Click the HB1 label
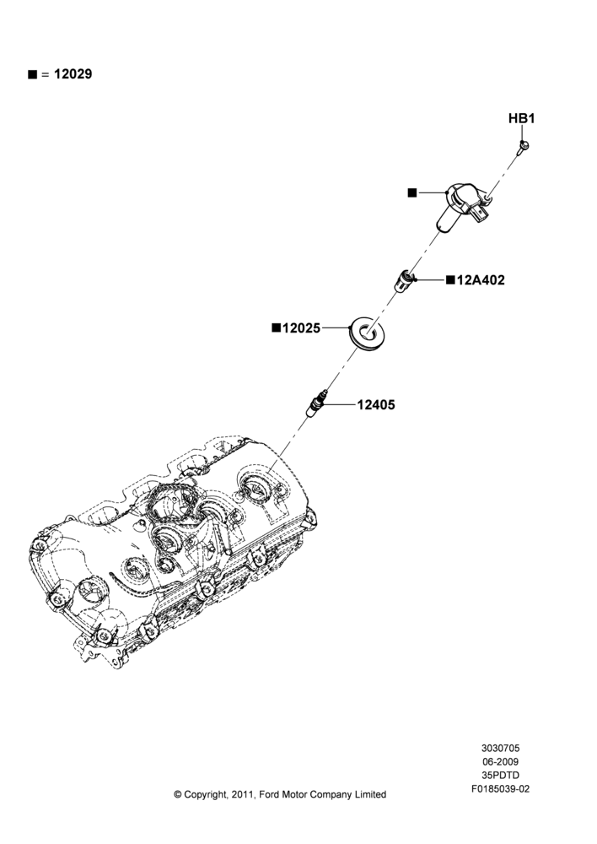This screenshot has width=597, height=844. pyautogui.click(x=521, y=118)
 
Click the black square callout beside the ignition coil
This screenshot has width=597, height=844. pyautogui.click(x=412, y=192)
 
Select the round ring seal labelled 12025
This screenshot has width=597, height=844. pyautogui.click(x=365, y=333)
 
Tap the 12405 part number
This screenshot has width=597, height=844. pyautogui.click(x=375, y=405)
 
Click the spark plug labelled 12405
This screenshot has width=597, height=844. pyautogui.click(x=315, y=403)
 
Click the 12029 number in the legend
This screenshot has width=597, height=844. pyautogui.click(x=73, y=74)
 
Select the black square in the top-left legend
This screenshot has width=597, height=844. pyautogui.click(x=32, y=74)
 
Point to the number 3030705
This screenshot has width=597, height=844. pyautogui.click(x=500, y=748)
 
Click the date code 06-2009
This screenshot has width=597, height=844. pyautogui.click(x=500, y=761)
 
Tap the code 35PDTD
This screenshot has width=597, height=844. pyautogui.click(x=500, y=776)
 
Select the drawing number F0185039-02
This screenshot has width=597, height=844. pyautogui.click(x=500, y=789)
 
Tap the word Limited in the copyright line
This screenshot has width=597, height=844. pyautogui.click(x=370, y=794)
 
